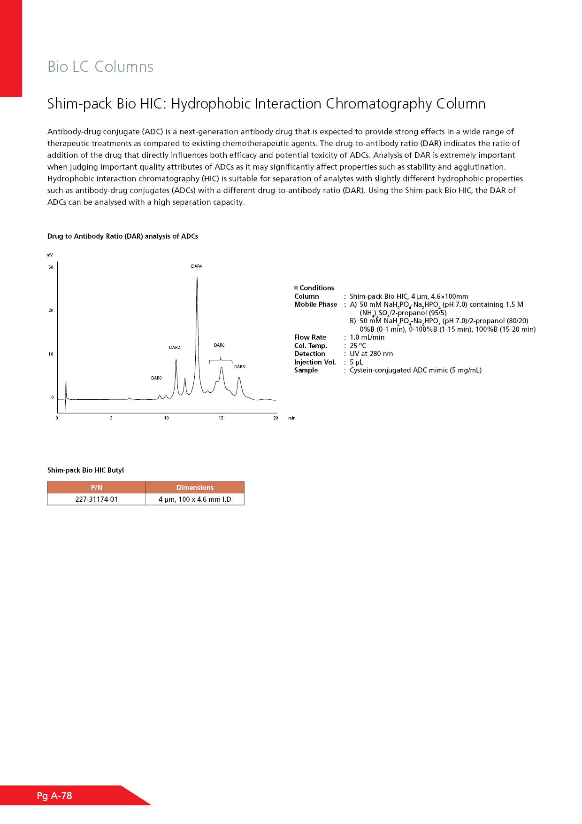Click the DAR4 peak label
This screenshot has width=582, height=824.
[196, 266]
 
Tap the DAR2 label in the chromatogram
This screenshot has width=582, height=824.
[174, 348]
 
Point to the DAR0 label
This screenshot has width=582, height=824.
[156, 378]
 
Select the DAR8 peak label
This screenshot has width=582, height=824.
[239, 367]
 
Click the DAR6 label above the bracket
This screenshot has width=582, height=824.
[219, 345]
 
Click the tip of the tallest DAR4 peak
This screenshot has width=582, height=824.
[197, 278]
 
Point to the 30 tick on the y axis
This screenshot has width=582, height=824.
[51, 267]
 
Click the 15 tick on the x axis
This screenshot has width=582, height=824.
[221, 418]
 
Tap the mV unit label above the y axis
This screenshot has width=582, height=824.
[50, 255]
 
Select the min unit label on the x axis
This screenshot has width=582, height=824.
[292, 418]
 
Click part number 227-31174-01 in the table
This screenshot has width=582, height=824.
[96, 499]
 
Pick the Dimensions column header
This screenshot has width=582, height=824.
[195, 488]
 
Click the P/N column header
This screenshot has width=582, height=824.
[96, 488]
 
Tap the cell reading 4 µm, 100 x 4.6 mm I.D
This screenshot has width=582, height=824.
[195, 499]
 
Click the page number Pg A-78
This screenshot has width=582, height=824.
[54, 795]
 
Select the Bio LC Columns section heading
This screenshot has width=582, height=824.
[100, 67]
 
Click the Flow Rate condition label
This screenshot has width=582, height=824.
[310, 337]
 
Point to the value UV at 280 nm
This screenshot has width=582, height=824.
[371, 354]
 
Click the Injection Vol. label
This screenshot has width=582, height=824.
[315, 362]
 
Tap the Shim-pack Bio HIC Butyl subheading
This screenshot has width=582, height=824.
[85, 470]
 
